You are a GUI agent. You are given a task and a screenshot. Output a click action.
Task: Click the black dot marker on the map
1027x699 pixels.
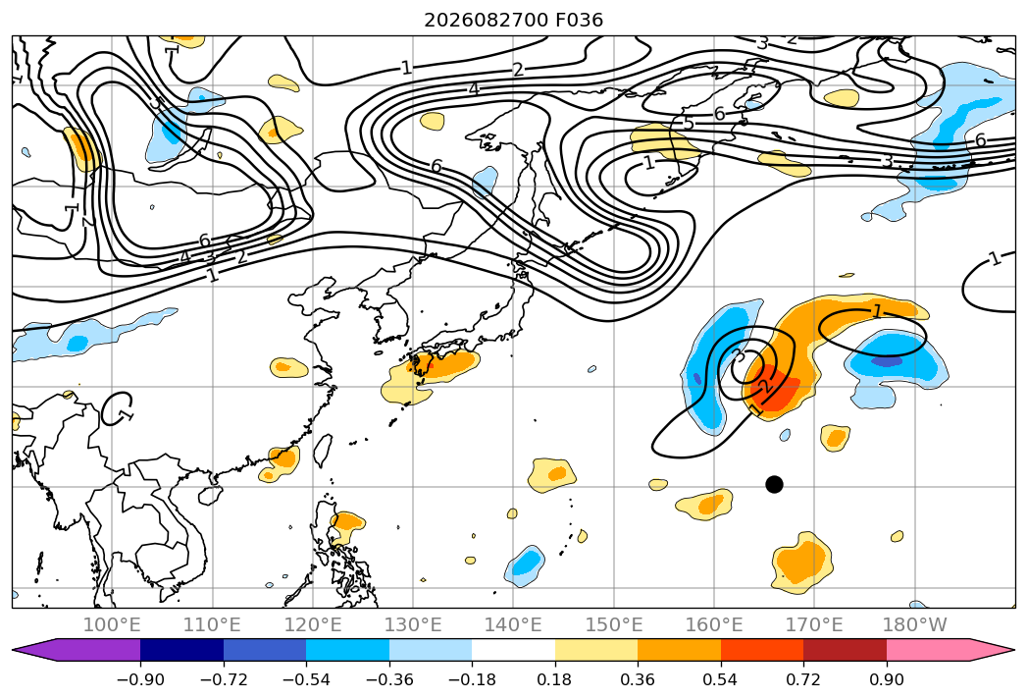tap(774, 485)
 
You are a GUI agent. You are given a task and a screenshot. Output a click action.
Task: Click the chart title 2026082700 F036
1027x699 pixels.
tap(514, 21)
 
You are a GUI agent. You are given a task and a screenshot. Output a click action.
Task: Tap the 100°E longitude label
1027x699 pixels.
tap(112, 625)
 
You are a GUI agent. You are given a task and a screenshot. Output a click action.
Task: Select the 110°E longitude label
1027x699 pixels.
tap(212, 625)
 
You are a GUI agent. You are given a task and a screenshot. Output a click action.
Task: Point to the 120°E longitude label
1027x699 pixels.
tap(313, 625)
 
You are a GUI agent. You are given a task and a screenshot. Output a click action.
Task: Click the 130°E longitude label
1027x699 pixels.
tap(413, 625)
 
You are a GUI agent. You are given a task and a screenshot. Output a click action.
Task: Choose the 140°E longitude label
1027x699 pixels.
tap(513, 625)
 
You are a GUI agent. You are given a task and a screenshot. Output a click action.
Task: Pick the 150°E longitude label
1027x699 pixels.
tap(614, 625)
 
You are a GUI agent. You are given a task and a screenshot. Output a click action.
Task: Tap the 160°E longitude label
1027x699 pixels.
tap(714, 625)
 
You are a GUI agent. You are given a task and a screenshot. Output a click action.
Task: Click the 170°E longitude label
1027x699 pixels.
tap(814, 625)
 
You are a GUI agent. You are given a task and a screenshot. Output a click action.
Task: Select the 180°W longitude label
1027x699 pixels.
tap(915, 625)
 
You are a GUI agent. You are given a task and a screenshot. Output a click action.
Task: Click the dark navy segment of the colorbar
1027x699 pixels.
tap(182, 650)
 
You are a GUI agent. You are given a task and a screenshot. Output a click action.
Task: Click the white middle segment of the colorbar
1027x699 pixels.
tap(514, 650)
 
